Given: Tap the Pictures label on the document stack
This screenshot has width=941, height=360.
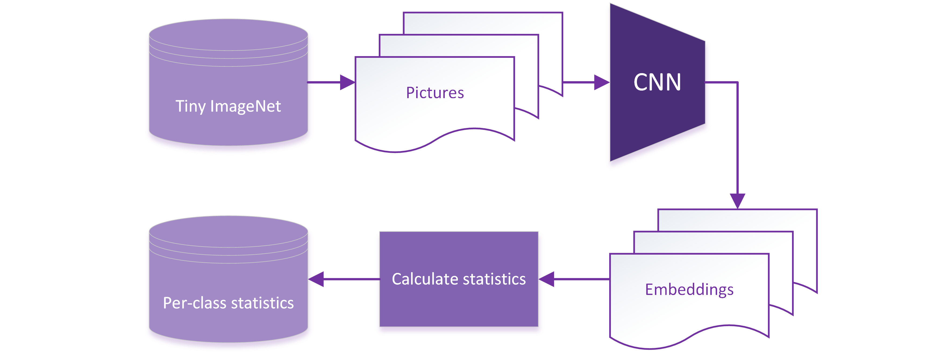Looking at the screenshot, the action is click(435, 93).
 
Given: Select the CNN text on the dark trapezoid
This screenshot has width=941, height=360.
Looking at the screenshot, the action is click(657, 82).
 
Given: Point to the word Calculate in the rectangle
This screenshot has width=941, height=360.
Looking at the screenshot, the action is click(425, 279).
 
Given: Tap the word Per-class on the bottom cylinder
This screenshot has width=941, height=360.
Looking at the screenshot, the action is click(194, 303).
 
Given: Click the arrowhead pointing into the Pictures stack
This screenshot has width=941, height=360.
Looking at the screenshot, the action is click(347, 82).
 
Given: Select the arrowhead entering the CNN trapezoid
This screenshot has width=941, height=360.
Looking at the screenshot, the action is click(602, 82).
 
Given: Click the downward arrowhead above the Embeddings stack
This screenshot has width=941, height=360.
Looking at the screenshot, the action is click(737, 201).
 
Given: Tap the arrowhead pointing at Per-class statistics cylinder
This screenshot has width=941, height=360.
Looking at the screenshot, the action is click(316, 279).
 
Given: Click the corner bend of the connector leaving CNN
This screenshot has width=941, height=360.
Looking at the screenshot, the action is click(737, 82).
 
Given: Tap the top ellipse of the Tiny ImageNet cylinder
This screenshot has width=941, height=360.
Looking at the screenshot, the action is click(228, 35).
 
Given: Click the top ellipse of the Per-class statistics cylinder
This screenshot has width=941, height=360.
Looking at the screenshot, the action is click(228, 231).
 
